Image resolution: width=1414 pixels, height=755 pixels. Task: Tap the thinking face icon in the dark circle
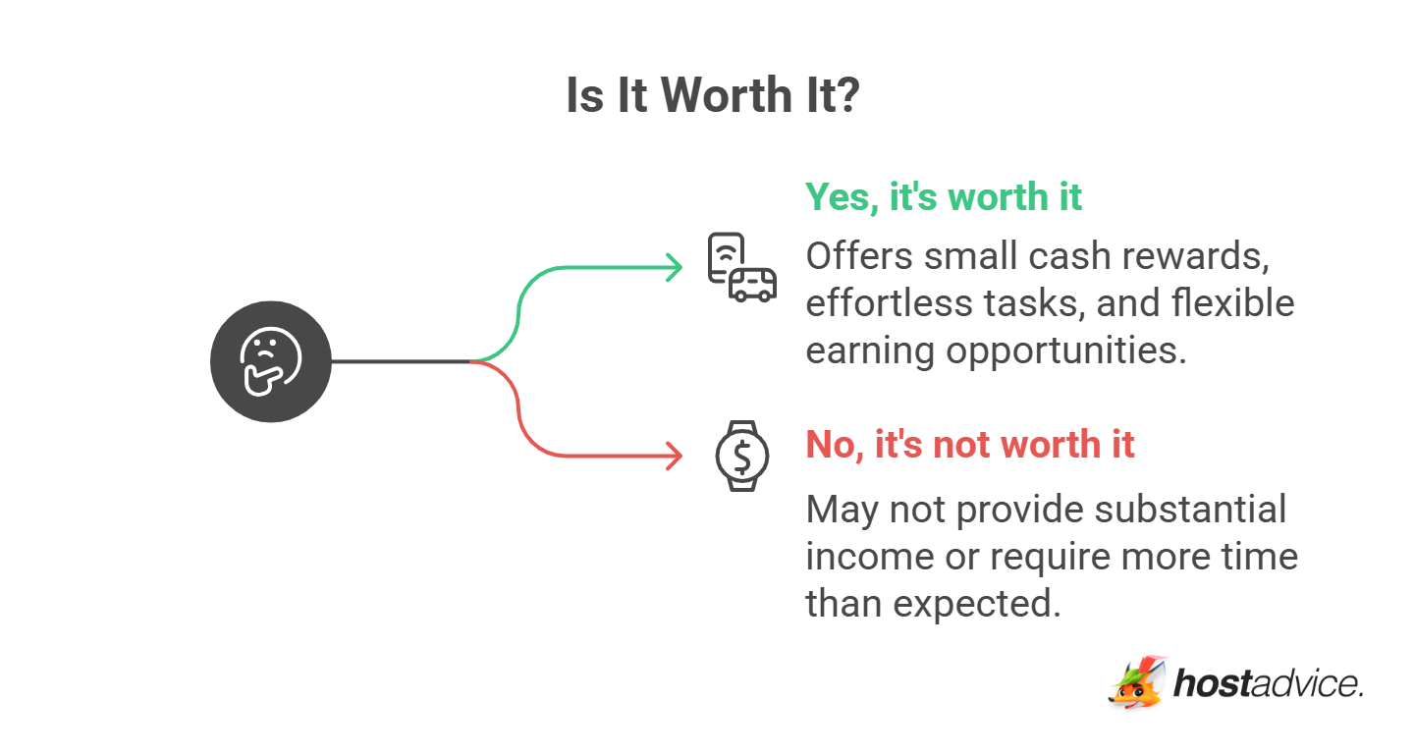pyautogui.click(x=271, y=361)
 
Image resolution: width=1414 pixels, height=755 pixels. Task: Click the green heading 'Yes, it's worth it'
pyautogui.click(x=944, y=197)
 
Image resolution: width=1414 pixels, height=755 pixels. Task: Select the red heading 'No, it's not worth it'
pyautogui.click(x=970, y=444)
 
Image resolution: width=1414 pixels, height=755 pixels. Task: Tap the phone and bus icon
pyautogui.click(x=741, y=267)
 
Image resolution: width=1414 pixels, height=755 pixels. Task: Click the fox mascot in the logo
pyautogui.click(x=1139, y=682)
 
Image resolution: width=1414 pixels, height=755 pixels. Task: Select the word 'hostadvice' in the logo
pyautogui.click(x=1267, y=683)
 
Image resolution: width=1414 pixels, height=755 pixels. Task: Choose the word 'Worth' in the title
pyautogui.click(x=728, y=96)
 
